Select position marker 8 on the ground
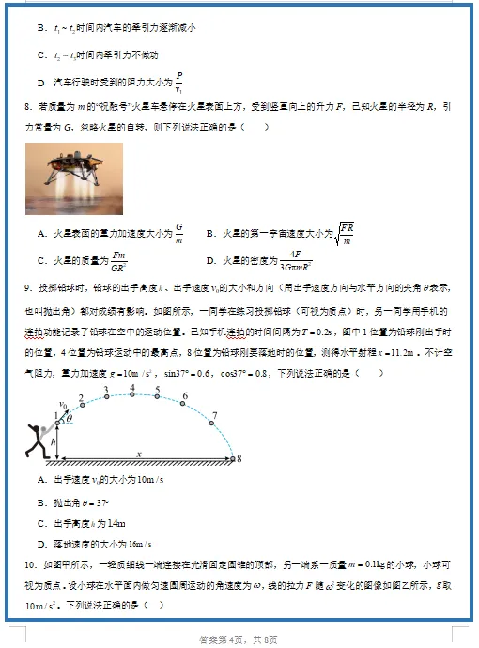(x=239, y=459)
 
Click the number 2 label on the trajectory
(x=82, y=399)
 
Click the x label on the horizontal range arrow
(x=139, y=453)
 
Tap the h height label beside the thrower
(x=54, y=441)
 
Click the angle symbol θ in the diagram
(x=68, y=419)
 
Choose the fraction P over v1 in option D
(x=178, y=82)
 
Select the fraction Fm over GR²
(x=119, y=260)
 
